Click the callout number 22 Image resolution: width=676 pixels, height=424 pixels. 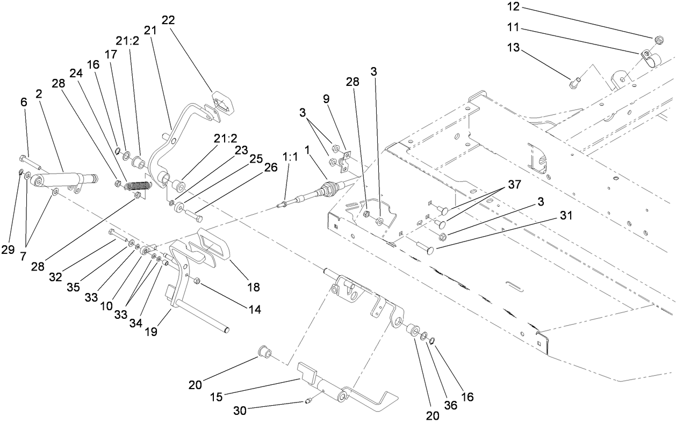(x=168, y=20)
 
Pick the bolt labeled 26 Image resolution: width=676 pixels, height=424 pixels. (x=195, y=217)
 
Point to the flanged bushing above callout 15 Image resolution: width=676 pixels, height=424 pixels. (x=265, y=353)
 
